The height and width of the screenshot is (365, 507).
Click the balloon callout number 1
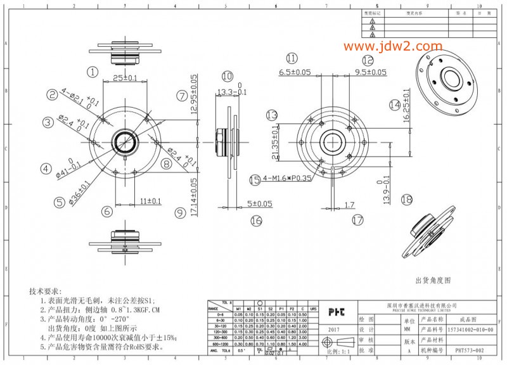pos(93,72)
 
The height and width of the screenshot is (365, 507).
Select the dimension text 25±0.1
pos(125,78)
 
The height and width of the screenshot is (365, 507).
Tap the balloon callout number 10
pos(228,76)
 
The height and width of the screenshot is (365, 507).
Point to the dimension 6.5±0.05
pos(295,72)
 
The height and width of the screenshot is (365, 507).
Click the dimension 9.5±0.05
pos(370,72)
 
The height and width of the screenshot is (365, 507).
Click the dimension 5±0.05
pos(260,203)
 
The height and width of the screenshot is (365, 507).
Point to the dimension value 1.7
pos(349,204)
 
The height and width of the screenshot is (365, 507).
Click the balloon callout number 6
pos(107,211)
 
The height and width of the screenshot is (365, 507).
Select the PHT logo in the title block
pos(336,312)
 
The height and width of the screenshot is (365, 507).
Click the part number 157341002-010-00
pos(470,330)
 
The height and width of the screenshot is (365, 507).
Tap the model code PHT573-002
pos(469,349)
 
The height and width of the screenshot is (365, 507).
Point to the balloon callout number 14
pos(395,105)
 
